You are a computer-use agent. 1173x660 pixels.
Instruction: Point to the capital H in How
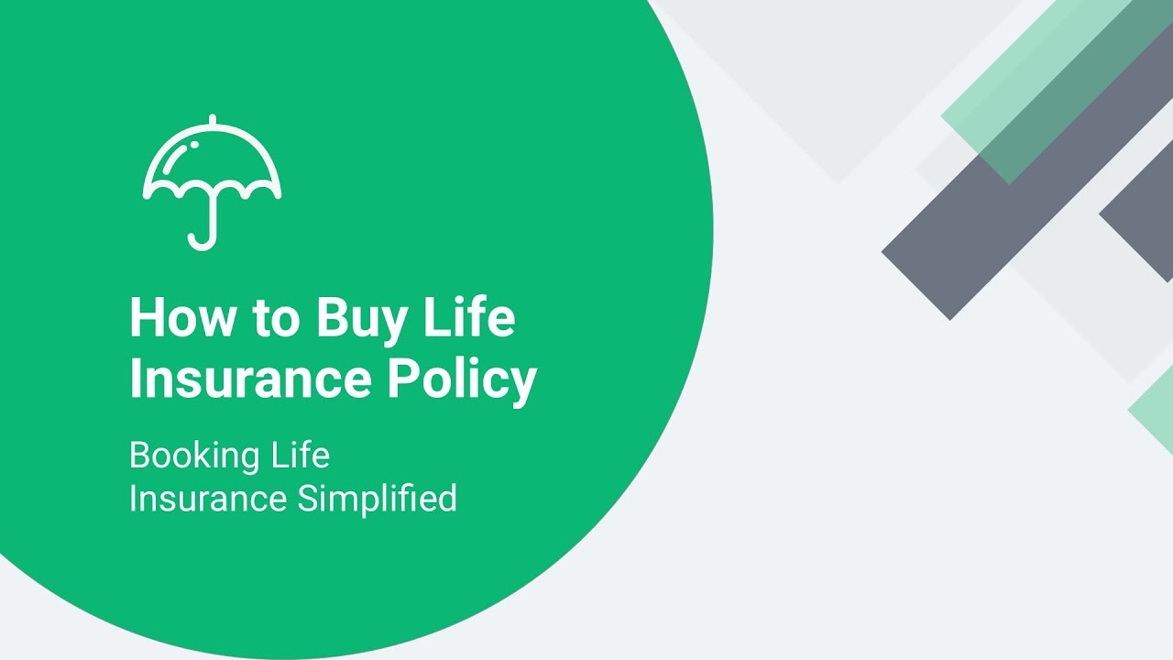coord(147,318)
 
